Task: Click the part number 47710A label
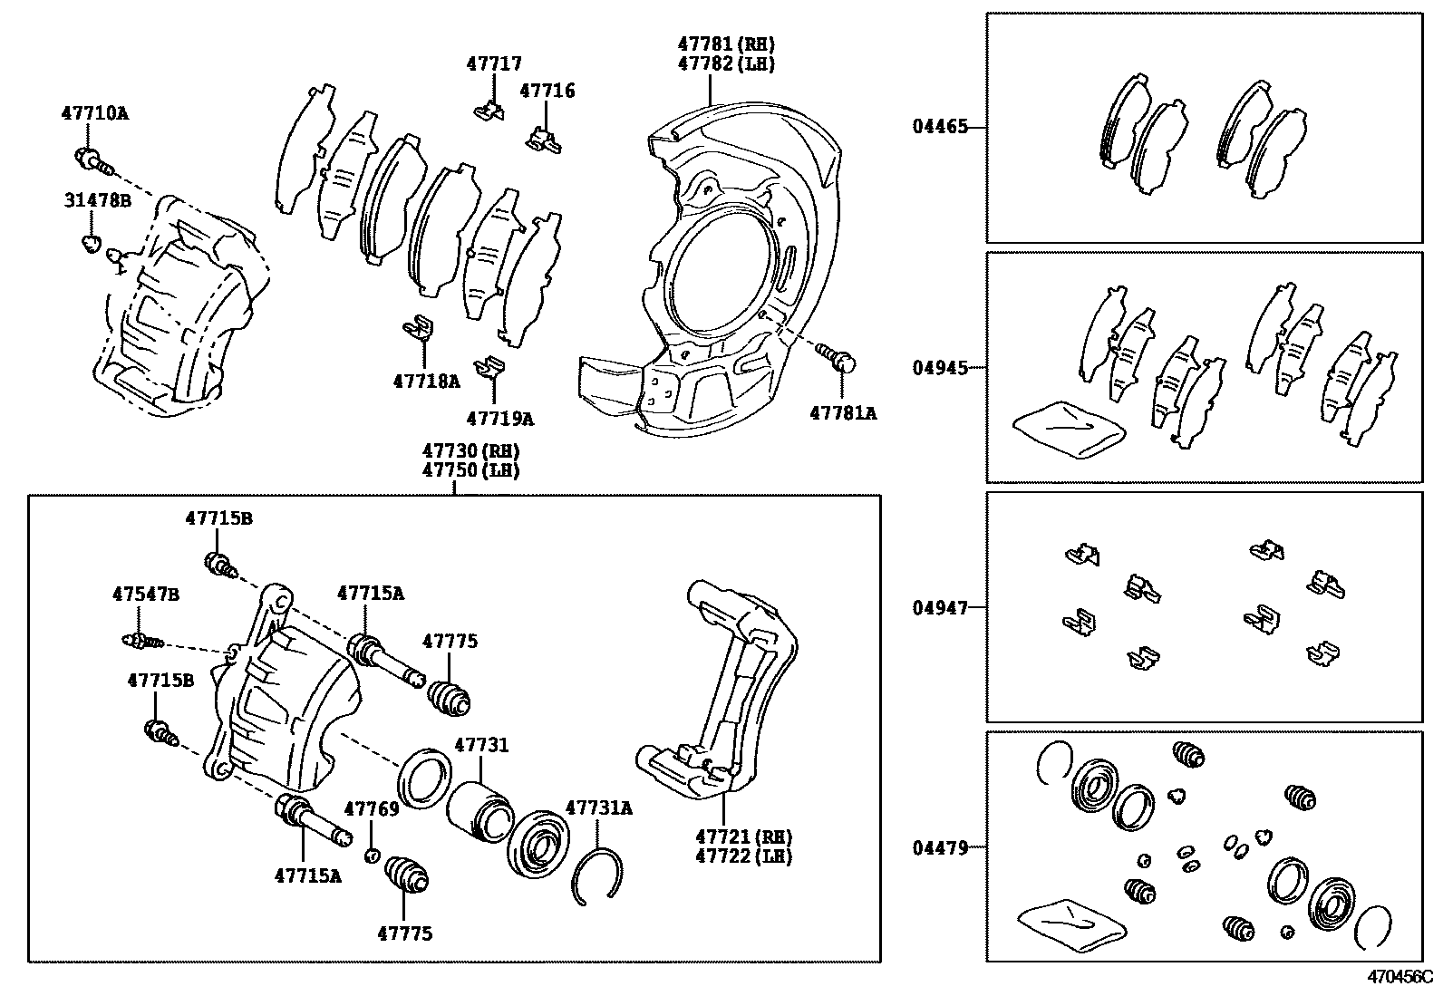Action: tap(94, 114)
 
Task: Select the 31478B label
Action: tap(97, 200)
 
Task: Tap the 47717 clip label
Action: tap(494, 63)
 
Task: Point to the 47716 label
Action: tap(547, 91)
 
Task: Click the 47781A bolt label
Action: tap(843, 413)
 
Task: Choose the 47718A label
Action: tap(426, 381)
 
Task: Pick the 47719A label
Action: tap(499, 419)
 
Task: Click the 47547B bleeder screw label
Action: tap(145, 595)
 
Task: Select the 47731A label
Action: tap(598, 807)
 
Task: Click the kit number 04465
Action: tap(940, 128)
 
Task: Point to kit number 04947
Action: tap(940, 608)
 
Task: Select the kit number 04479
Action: tap(940, 848)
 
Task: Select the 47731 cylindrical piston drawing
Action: tap(480, 809)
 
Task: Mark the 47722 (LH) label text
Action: tap(743, 856)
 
